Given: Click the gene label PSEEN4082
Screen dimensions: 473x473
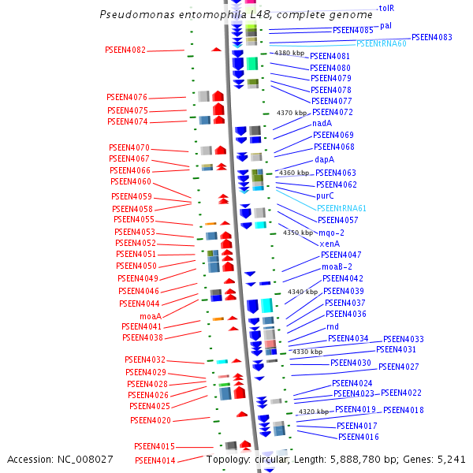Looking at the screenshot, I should tap(125, 50).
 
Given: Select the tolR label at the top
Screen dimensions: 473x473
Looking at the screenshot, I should tap(386, 8).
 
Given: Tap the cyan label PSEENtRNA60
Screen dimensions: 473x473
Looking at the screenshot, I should tap(381, 44).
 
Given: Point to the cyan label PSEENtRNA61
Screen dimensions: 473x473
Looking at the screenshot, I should tap(342, 208).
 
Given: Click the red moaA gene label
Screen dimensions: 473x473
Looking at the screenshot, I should tap(151, 316).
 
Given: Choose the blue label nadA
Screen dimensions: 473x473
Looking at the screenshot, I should tap(322, 123).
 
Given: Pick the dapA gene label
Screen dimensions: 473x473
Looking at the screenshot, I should tap(325, 159).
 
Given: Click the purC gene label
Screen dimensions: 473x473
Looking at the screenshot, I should tap(326, 196).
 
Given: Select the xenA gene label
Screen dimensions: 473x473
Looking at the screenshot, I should tap(330, 244).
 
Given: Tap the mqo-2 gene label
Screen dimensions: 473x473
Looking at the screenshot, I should tap(331, 233).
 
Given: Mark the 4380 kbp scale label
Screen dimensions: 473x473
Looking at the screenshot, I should tap(289, 53).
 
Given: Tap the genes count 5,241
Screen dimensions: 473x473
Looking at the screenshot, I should tap(451, 459).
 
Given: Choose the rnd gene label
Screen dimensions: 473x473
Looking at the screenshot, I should tap(332, 326).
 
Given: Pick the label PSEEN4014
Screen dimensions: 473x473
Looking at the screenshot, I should tap(155, 460).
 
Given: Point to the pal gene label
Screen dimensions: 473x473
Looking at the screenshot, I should tap(385, 26).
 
